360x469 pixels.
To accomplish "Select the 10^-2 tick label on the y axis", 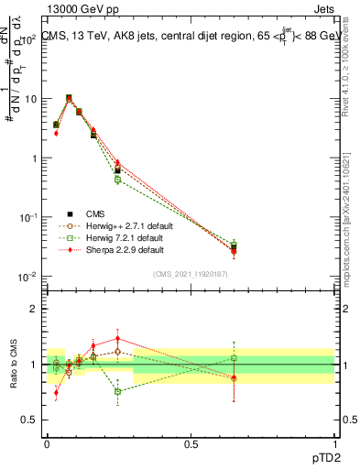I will [x=28, y=276].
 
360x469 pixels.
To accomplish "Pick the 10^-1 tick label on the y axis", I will [x=28, y=216].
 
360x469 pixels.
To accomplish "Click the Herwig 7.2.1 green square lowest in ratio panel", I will [x=117, y=391].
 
